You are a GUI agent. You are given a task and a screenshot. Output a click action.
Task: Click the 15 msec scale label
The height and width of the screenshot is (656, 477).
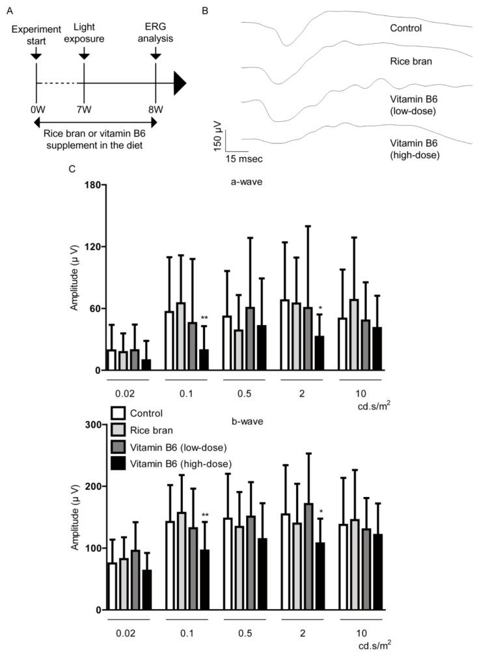click(x=245, y=157)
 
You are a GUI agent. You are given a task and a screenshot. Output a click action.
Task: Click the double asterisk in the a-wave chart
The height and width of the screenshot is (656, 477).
click(x=204, y=319)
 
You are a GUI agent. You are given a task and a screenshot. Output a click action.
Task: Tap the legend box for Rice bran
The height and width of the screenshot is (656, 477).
click(x=118, y=429)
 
